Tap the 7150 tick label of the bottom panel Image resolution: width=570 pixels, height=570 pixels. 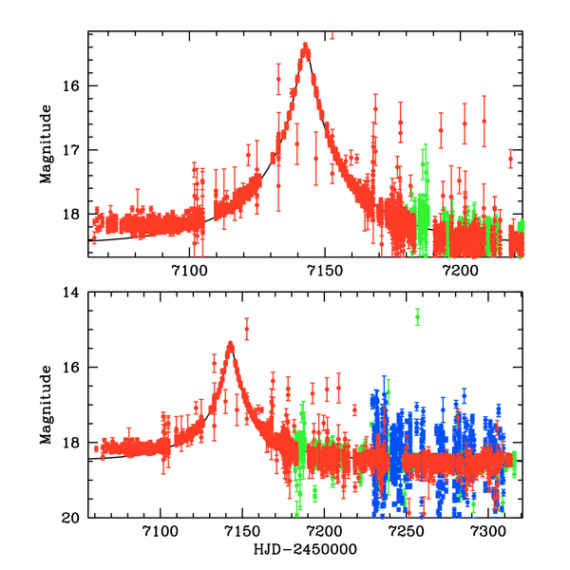coord(242,533)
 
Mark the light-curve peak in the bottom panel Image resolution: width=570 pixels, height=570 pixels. coord(230,345)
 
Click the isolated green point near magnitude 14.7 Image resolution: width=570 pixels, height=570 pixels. coord(417,317)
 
